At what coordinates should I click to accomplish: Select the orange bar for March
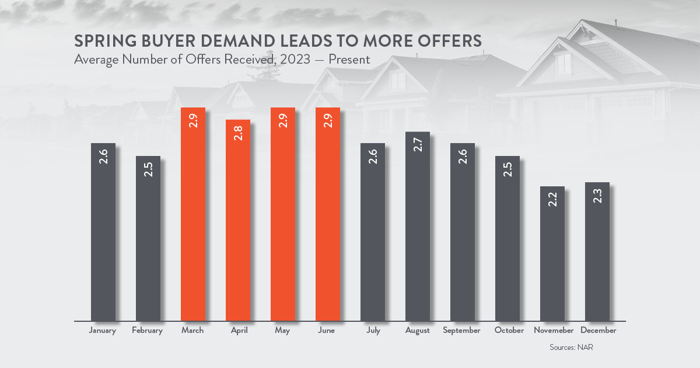tap(193, 214)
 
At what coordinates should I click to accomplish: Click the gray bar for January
tap(103, 232)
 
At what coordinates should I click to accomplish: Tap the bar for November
tap(552, 254)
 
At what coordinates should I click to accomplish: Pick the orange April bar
tap(238, 220)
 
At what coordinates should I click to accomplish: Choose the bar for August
tap(418, 227)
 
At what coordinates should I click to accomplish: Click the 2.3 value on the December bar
tap(597, 196)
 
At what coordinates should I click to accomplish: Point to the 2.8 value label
tap(238, 133)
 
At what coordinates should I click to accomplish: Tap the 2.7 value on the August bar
tap(418, 145)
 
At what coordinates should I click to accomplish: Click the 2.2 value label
tap(552, 199)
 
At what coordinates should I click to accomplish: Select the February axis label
tap(147, 331)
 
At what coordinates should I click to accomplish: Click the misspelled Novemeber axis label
tap(554, 330)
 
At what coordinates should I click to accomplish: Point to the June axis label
tap(326, 330)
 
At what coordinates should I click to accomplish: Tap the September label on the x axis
tap(461, 331)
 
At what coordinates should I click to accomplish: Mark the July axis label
tap(373, 331)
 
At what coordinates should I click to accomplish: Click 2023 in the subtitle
tap(295, 59)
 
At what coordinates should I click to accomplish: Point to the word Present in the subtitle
tap(349, 59)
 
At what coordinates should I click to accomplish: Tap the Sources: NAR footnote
tap(571, 348)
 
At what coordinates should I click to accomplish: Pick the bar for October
tap(508, 238)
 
